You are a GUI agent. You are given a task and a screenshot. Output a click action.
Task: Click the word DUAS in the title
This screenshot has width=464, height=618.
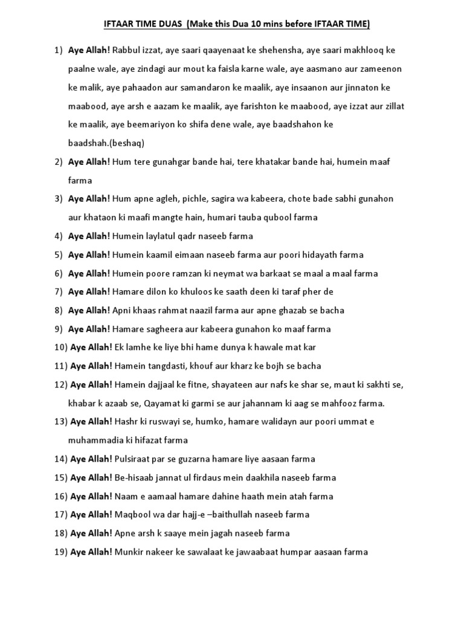[x=168, y=24]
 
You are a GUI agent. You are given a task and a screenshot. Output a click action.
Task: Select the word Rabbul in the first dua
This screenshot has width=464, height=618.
[x=126, y=50]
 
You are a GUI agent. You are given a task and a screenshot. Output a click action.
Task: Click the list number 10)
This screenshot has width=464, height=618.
[x=60, y=348]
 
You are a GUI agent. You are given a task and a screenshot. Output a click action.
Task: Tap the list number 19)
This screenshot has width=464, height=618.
[x=60, y=552]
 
